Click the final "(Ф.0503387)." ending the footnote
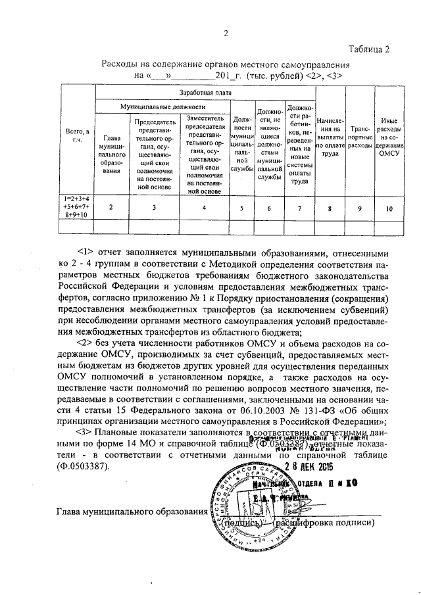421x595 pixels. [x=85, y=467]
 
